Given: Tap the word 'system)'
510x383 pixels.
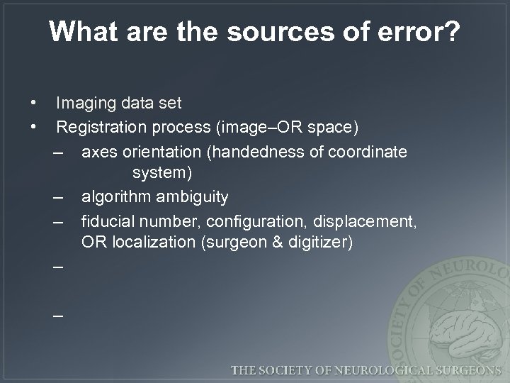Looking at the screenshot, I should (x=162, y=172).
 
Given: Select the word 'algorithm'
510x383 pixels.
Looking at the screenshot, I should (x=117, y=196).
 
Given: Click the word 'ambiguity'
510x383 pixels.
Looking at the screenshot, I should (x=193, y=196).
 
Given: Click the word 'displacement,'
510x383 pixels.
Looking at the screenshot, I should (x=368, y=220).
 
